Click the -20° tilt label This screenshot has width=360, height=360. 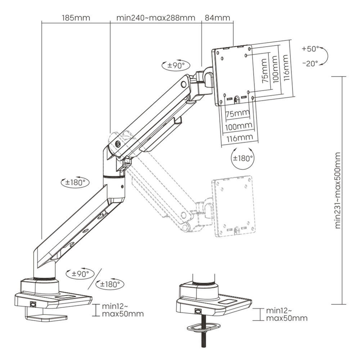pyautogui.click(x=310, y=64)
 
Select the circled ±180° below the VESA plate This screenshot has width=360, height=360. pyautogui.click(x=243, y=158)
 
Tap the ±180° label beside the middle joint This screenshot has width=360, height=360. pyautogui.click(x=75, y=182)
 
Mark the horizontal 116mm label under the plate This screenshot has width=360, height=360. pyautogui.click(x=239, y=138)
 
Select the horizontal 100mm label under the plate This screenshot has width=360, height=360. pyautogui.click(x=239, y=126)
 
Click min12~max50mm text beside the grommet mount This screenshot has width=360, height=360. pyautogui.click(x=287, y=314)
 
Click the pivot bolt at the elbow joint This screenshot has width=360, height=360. pyautogui.click(x=118, y=144)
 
